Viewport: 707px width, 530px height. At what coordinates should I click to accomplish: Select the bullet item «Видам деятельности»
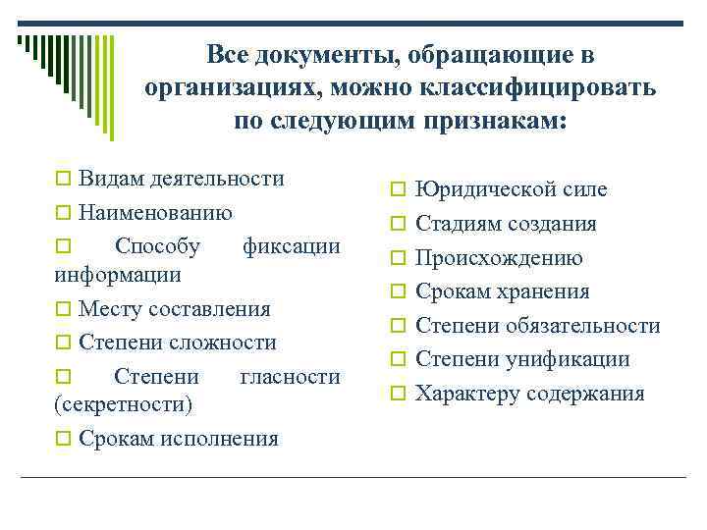(182, 179)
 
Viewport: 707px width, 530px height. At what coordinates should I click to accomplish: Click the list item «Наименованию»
(156, 211)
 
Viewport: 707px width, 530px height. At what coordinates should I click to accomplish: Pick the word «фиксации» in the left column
(292, 244)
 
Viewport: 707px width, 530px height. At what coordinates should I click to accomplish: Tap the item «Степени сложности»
(178, 343)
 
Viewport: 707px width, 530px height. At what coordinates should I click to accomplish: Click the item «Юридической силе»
(511, 189)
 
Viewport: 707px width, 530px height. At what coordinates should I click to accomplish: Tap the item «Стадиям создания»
(506, 224)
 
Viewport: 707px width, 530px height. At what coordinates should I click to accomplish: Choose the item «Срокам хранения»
(502, 291)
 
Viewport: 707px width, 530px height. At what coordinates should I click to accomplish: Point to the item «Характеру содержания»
(529, 394)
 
